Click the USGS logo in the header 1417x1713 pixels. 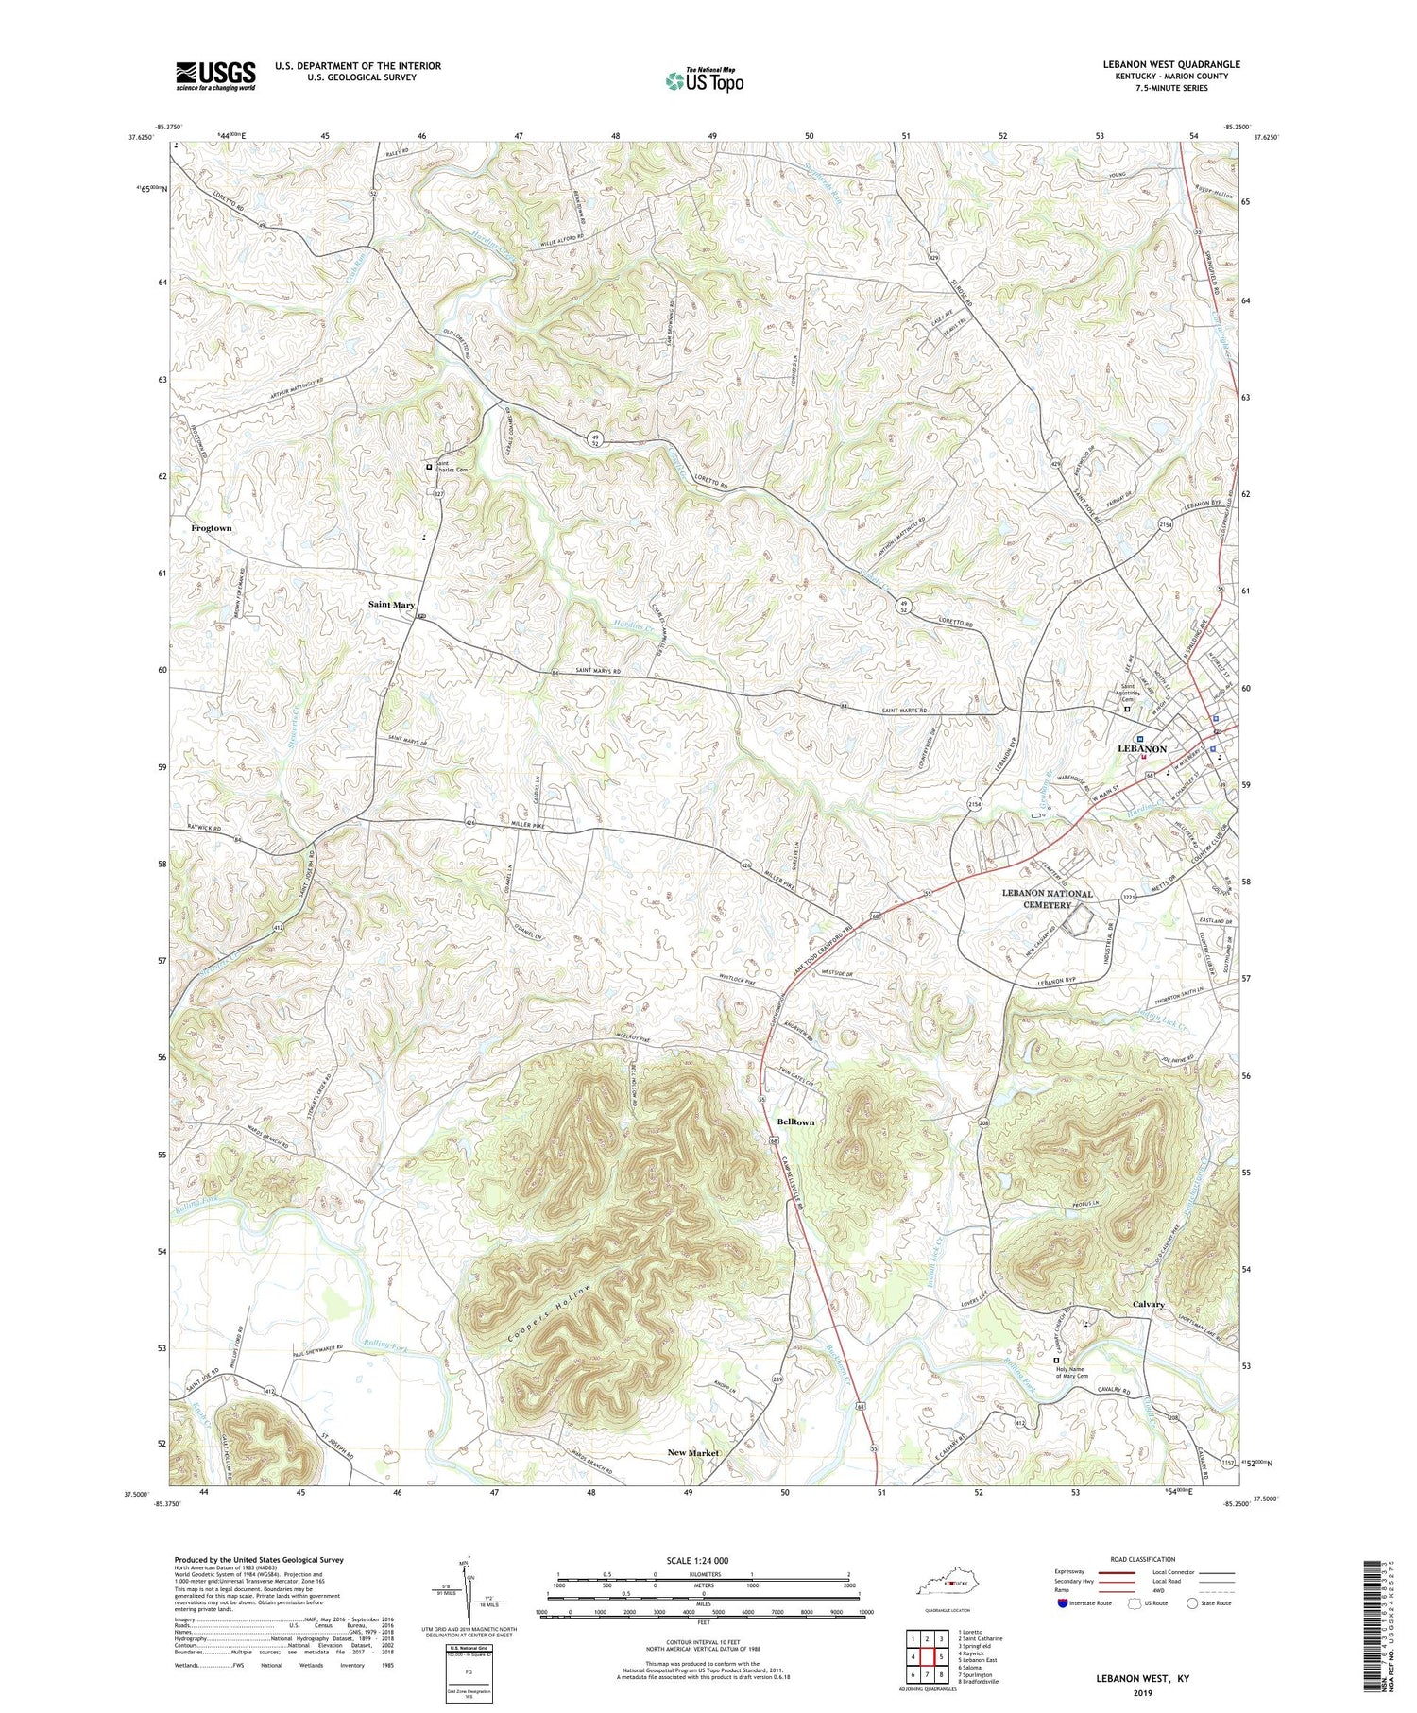click(215, 76)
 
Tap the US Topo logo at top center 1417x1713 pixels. click(704, 80)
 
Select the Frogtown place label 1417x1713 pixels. click(211, 528)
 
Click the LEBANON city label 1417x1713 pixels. click(1142, 748)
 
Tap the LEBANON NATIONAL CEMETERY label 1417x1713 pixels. click(1048, 899)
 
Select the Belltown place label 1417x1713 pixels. click(794, 1122)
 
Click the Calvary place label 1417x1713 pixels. click(1149, 1304)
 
